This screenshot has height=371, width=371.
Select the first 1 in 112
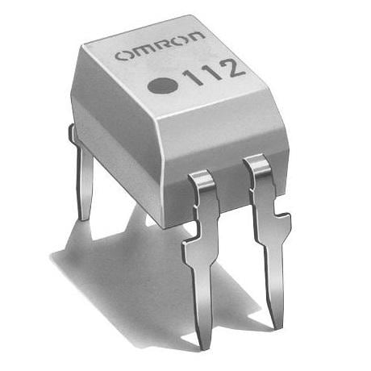click(192, 77)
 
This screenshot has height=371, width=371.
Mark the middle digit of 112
click(209, 73)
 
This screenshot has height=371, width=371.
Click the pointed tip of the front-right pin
click(278, 326)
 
